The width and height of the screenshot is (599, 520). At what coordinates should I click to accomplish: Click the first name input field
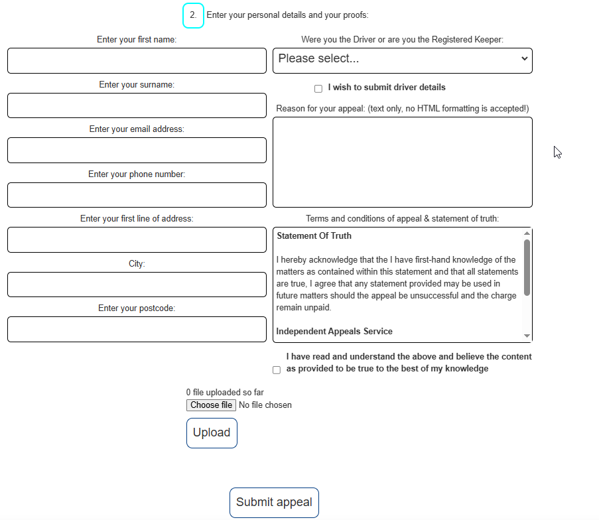[x=137, y=60]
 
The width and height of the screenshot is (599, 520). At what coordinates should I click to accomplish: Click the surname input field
[x=137, y=105]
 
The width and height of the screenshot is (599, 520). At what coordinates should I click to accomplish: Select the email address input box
[x=137, y=150]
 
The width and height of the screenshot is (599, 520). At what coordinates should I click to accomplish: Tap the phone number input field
[x=137, y=195]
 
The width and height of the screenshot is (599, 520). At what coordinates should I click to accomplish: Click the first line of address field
[x=137, y=239]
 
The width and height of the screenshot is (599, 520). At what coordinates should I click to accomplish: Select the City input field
[x=137, y=285]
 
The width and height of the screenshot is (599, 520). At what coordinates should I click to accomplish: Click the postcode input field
[x=137, y=329]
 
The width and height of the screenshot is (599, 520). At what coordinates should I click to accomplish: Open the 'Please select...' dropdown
[x=402, y=60]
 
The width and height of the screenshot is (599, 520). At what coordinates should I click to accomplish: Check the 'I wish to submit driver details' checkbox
[x=318, y=88]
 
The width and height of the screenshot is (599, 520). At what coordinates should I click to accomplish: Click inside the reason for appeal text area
[x=402, y=162]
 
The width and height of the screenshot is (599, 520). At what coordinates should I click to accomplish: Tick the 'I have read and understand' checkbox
[x=277, y=370]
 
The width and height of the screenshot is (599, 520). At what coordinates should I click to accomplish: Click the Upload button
[x=212, y=432]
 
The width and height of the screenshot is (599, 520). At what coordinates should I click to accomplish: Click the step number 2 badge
[x=193, y=15]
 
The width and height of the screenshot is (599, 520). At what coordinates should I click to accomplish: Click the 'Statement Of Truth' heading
[x=314, y=236]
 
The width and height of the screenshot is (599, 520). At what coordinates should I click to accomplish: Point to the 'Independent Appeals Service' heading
[x=334, y=332]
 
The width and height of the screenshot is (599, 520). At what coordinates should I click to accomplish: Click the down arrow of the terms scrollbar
[x=527, y=336]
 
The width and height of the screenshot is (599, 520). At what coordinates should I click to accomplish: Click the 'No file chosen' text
[x=265, y=405]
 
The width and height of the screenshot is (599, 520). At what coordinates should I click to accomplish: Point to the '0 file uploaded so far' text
[x=225, y=393]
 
